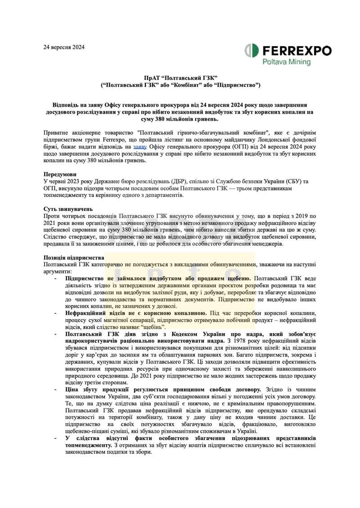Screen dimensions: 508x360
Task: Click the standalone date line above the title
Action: pyautogui.click(x=64, y=47)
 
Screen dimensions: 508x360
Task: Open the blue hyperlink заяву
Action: pyautogui.click(x=140, y=147)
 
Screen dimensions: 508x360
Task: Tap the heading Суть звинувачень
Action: pyautogui.click(x=68, y=209)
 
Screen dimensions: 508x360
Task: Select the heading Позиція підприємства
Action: pyautogui.click(x=74, y=258)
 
